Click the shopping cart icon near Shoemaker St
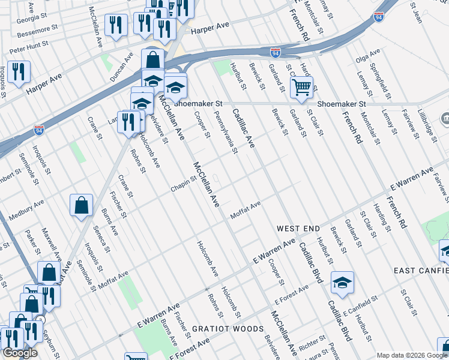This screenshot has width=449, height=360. click(301, 87)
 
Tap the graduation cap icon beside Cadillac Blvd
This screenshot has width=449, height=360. click(342, 282)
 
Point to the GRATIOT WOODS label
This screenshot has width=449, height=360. click(228, 329)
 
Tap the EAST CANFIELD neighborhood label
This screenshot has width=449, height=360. click(421, 271)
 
